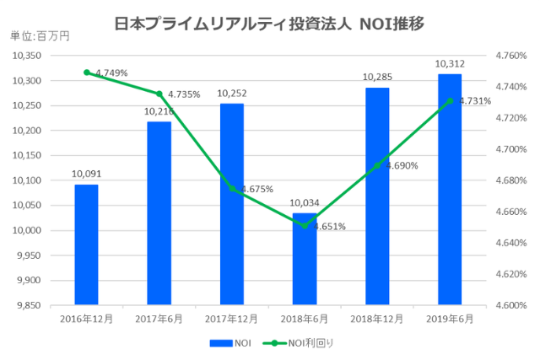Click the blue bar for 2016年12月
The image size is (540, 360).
[x=86, y=244]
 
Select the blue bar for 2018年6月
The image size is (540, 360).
[x=304, y=261]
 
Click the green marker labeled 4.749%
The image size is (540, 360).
[x=86, y=72]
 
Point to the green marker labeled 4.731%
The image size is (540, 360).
[x=450, y=100]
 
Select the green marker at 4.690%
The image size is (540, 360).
[x=377, y=165]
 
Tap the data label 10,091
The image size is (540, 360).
[x=86, y=175]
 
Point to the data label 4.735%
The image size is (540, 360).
[x=184, y=94]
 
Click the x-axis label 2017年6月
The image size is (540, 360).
[x=159, y=319]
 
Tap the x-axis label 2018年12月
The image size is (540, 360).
[x=377, y=319]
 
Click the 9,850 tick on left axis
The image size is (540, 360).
[x=30, y=305]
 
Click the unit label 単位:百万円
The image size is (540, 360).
[x=40, y=36]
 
